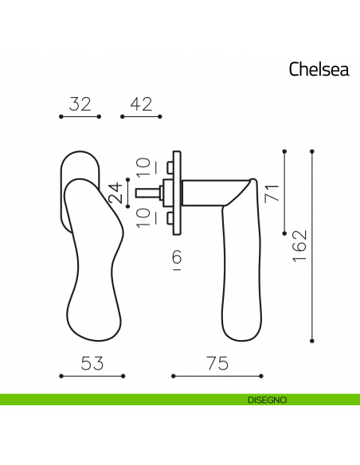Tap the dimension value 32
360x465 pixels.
coord(80,104)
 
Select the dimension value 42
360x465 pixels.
coord(140,104)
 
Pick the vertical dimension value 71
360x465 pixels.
coord(272,191)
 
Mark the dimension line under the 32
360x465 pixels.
coord(80,117)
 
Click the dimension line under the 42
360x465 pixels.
coord(140,117)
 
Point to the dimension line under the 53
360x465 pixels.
coord(92,376)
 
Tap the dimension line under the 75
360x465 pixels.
coord(217,376)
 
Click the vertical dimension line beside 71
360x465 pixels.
coord(285,191)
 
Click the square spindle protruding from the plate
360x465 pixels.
coord(147,192)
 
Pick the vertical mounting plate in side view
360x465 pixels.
coord(180,192)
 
